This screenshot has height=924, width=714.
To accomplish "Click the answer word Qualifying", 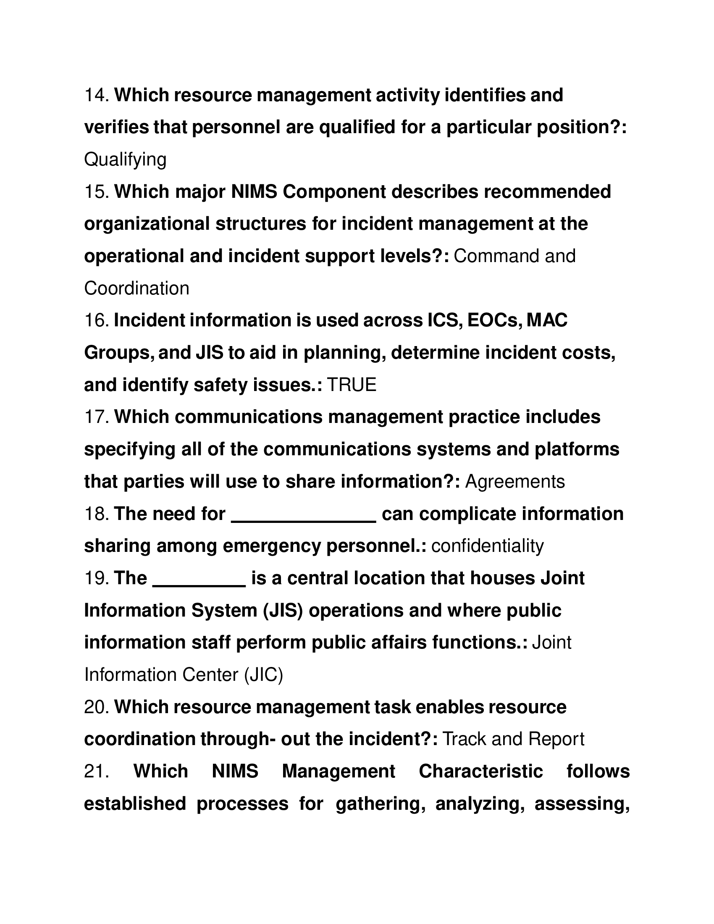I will [125, 160].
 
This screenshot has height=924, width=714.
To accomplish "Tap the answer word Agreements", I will [515, 482].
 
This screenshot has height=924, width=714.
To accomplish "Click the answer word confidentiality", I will [487, 546].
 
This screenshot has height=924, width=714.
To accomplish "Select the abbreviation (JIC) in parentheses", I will [263, 675].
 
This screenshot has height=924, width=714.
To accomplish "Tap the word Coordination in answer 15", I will [136, 289].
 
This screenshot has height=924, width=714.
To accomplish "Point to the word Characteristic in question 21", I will [480, 771].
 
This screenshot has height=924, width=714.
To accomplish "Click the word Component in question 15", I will [334, 192].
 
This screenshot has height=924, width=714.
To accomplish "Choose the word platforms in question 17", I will [577, 449].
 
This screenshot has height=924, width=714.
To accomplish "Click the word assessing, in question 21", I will [582, 803].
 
